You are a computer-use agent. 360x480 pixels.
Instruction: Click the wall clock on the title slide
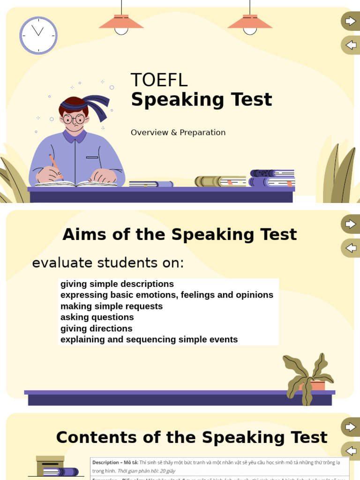coord(38,35)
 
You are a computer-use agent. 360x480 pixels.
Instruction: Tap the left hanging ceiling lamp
coord(121,22)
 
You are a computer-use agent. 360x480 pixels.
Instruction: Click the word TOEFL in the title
coord(159,80)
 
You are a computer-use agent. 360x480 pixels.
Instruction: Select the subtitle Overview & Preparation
coord(178,133)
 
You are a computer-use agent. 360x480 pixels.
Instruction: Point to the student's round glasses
coord(74,119)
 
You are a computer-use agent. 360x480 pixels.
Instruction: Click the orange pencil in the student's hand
coord(56,165)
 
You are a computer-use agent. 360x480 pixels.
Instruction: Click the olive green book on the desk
coord(220,181)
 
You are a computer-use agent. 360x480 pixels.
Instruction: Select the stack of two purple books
coord(272,178)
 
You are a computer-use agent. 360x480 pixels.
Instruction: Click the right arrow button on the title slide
coord(350,21)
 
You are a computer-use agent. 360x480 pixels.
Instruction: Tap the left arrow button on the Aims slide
coord(350,248)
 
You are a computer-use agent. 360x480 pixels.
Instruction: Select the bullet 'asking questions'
coord(97,317)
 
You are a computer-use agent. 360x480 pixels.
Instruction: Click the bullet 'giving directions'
coord(97,329)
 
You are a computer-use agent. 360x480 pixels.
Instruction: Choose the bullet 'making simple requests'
coord(112,306)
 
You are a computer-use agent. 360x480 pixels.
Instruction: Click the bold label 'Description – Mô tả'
coord(115,463)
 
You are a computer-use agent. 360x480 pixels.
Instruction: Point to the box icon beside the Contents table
coord(50,465)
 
